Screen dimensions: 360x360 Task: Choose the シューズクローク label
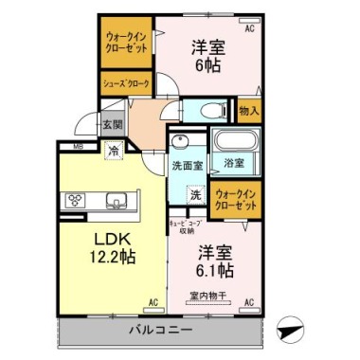click(125, 83)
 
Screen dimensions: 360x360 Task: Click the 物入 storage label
click(249, 111)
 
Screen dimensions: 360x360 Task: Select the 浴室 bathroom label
click(233, 163)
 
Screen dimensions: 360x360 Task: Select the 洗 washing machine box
click(194, 195)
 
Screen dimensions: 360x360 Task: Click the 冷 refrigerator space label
click(113, 150)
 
